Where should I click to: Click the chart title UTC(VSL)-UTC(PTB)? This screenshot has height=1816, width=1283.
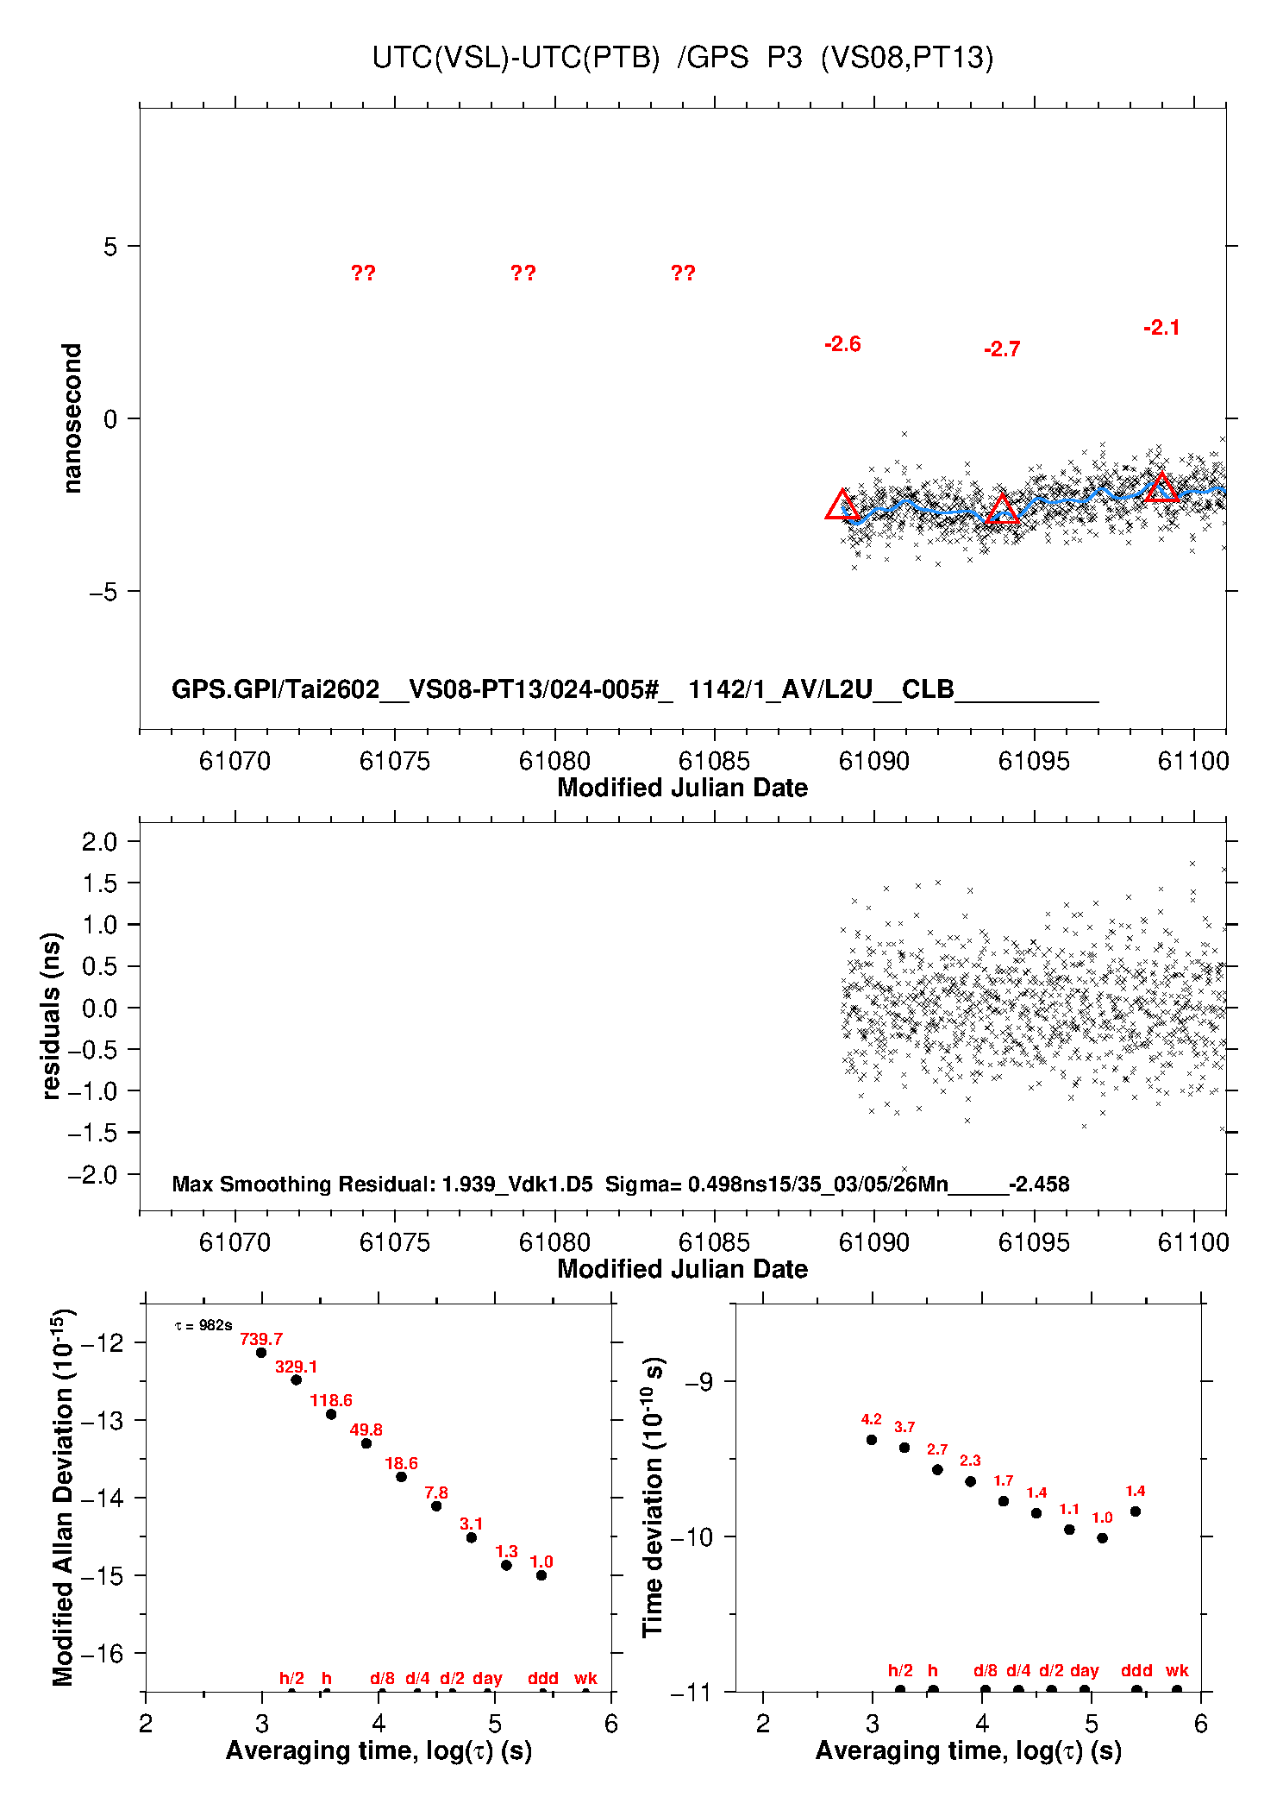click(x=515, y=58)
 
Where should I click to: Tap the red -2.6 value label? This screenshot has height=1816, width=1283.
click(x=842, y=344)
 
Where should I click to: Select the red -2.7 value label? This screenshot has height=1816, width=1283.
click(x=1002, y=349)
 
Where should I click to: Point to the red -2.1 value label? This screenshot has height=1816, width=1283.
click(x=1161, y=328)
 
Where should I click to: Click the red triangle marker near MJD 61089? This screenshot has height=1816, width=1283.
click(x=842, y=506)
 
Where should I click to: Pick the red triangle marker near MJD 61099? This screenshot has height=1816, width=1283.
click(x=1161, y=488)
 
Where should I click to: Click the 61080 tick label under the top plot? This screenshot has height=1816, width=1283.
click(x=554, y=761)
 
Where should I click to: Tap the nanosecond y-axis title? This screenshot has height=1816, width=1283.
click(x=72, y=418)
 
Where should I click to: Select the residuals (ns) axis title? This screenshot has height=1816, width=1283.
click(x=52, y=1015)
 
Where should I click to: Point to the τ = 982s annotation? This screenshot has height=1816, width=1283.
click(x=203, y=1325)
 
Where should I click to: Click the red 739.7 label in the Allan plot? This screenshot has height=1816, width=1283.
click(x=261, y=1340)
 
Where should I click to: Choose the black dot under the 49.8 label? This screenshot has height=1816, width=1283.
click(x=366, y=1443)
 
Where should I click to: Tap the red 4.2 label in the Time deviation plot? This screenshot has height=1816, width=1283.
click(x=871, y=1419)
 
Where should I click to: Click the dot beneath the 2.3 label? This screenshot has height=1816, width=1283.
click(x=970, y=1481)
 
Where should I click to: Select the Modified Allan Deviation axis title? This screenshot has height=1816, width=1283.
click(x=63, y=1498)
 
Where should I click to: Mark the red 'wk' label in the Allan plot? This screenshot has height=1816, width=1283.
click(x=585, y=1678)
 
